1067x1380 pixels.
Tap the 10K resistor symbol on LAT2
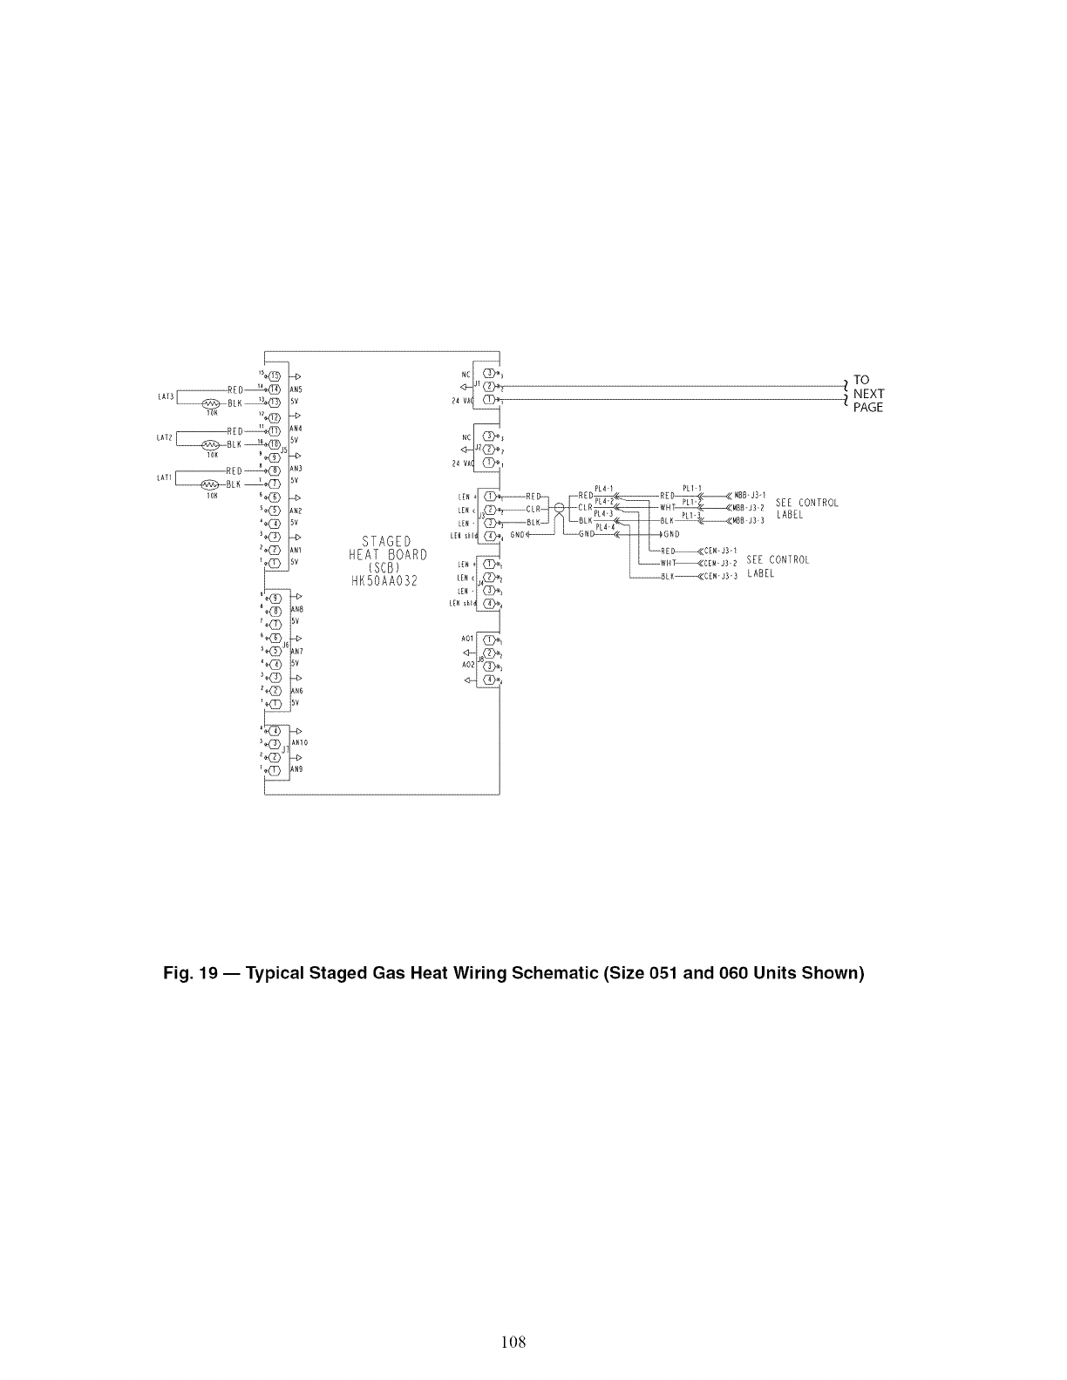[210, 444]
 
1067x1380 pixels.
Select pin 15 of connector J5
[274, 375]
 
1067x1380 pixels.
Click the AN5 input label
[296, 389]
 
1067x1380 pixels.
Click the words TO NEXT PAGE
[867, 394]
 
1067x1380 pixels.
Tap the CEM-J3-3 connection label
[720, 576]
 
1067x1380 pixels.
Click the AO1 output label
[467, 639]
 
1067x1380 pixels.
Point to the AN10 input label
[298, 743]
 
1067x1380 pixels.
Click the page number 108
[513, 1343]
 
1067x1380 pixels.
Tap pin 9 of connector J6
[275, 598]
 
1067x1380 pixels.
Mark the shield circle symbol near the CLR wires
[559, 508]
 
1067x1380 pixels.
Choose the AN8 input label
[296, 609]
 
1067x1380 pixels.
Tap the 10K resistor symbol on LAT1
[210, 484]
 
